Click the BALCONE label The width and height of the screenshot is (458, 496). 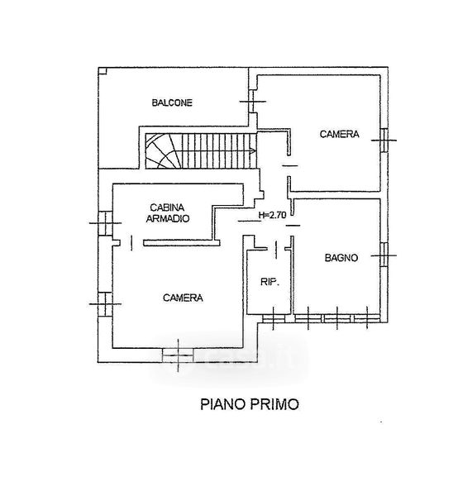172,103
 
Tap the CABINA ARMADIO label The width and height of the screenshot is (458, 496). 167,213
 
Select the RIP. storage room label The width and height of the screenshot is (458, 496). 270,282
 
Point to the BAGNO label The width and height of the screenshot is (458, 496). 341,258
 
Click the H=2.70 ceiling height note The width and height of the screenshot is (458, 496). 272,215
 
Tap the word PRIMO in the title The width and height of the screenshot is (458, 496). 274,404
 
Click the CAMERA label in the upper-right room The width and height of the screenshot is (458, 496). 340,134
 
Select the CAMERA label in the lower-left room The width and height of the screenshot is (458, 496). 183,298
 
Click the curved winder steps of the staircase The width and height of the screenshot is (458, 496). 163,151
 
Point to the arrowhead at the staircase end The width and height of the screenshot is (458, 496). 252,151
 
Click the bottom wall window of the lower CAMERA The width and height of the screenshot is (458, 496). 178,355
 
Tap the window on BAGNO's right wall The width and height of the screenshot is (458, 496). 384,255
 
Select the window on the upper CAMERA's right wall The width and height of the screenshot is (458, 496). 384,141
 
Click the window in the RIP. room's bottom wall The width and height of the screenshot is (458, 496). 274,318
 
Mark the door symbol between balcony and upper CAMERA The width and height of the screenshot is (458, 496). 252,102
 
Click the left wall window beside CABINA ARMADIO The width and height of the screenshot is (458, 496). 105,223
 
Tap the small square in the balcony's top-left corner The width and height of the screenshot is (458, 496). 103,71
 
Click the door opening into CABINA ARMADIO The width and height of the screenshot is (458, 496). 131,243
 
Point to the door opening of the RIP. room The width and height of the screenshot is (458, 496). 276,250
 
